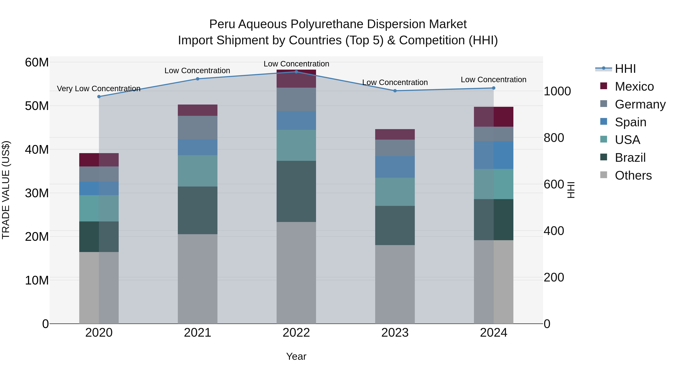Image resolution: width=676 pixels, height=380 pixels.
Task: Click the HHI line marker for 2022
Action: coord(296,72)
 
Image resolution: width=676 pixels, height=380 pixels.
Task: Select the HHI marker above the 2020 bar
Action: coord(99,96)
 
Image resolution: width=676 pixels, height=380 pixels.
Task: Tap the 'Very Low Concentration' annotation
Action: coord(98,89)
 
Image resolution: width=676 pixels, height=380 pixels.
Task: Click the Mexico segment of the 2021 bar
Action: coord(198,110)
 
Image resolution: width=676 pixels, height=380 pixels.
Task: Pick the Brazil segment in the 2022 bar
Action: coord(296,191)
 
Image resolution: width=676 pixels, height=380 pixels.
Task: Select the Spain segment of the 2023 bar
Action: coord(395,167)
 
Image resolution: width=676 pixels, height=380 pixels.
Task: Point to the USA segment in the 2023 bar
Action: coord(395,192)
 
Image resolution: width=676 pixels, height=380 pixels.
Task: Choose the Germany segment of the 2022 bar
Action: coord(296,99)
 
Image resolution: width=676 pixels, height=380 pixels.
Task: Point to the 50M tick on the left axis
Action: coord(37,106)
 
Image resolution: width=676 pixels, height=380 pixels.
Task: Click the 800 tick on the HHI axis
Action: coord(554,138)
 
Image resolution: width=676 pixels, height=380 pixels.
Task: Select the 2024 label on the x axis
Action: coord(493,333)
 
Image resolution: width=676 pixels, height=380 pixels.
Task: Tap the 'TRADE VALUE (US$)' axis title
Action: coord(6,190)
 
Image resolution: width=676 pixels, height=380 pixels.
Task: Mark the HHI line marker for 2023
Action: coord(395,91)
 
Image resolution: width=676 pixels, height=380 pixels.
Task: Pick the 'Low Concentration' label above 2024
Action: coord(493,79)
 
